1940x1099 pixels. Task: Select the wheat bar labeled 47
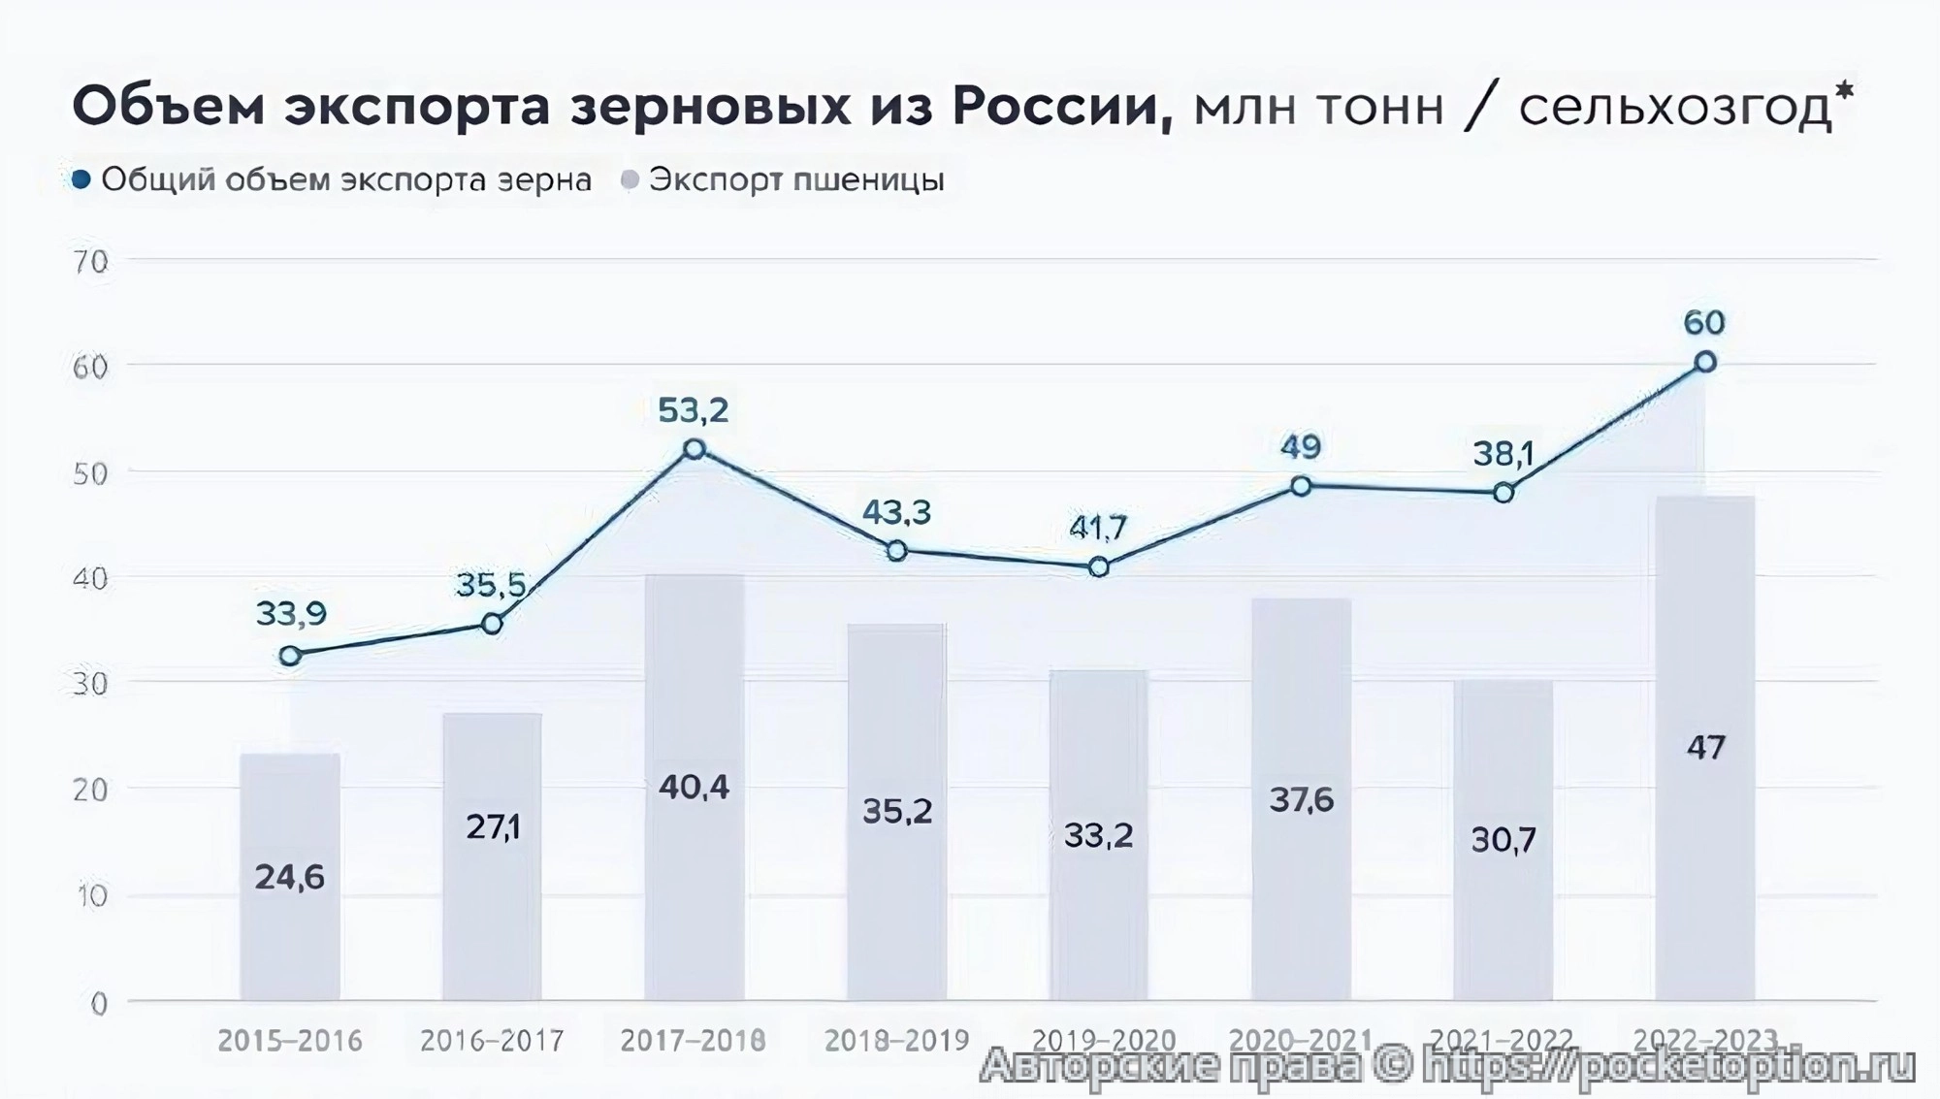click(x=1705, y=747)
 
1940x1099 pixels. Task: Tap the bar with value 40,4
click(x=694, y=786)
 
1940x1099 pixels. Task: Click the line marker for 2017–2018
click(x=695, y=449)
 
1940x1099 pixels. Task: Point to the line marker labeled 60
click(x=1705, y=363)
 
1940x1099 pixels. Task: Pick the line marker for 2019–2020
click(x=1099, y=567)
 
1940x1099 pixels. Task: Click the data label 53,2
click(x=693, y=410)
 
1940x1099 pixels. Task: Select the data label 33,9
click(x=291, y=613)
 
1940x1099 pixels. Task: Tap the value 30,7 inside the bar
click(x=1503, y=839)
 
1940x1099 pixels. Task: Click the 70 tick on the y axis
click(x=91, y=262)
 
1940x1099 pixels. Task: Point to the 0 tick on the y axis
click(x=99, y=1004)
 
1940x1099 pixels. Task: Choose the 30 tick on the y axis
click(x=91, y=684)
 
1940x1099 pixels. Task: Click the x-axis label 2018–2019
click(x=896, y=1041)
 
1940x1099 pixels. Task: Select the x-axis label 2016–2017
click(x=492, y=1041)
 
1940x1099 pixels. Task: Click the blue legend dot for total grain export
click(x=81, y=179)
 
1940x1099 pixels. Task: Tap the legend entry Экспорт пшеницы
click(x=795, y=179)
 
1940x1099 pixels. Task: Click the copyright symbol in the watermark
click(x=1391, y=1065)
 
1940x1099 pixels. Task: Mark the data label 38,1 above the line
click(x=1503, y=453)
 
